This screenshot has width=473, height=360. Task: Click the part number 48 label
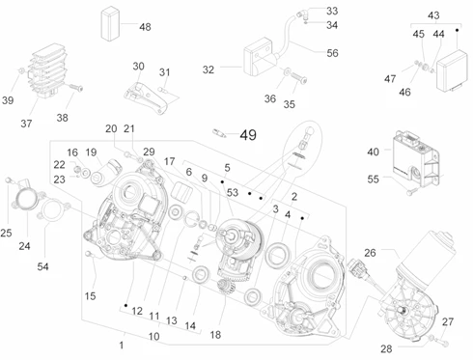pos(145,27)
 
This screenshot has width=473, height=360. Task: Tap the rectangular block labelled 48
pos(110,24)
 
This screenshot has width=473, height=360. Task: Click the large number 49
pos(248,135)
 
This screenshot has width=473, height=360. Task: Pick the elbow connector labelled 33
pos(301,14)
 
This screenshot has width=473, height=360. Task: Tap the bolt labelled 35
pos(299,78)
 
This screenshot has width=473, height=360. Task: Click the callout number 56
pos(332,53)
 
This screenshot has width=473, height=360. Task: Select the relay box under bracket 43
pos(452,71)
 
